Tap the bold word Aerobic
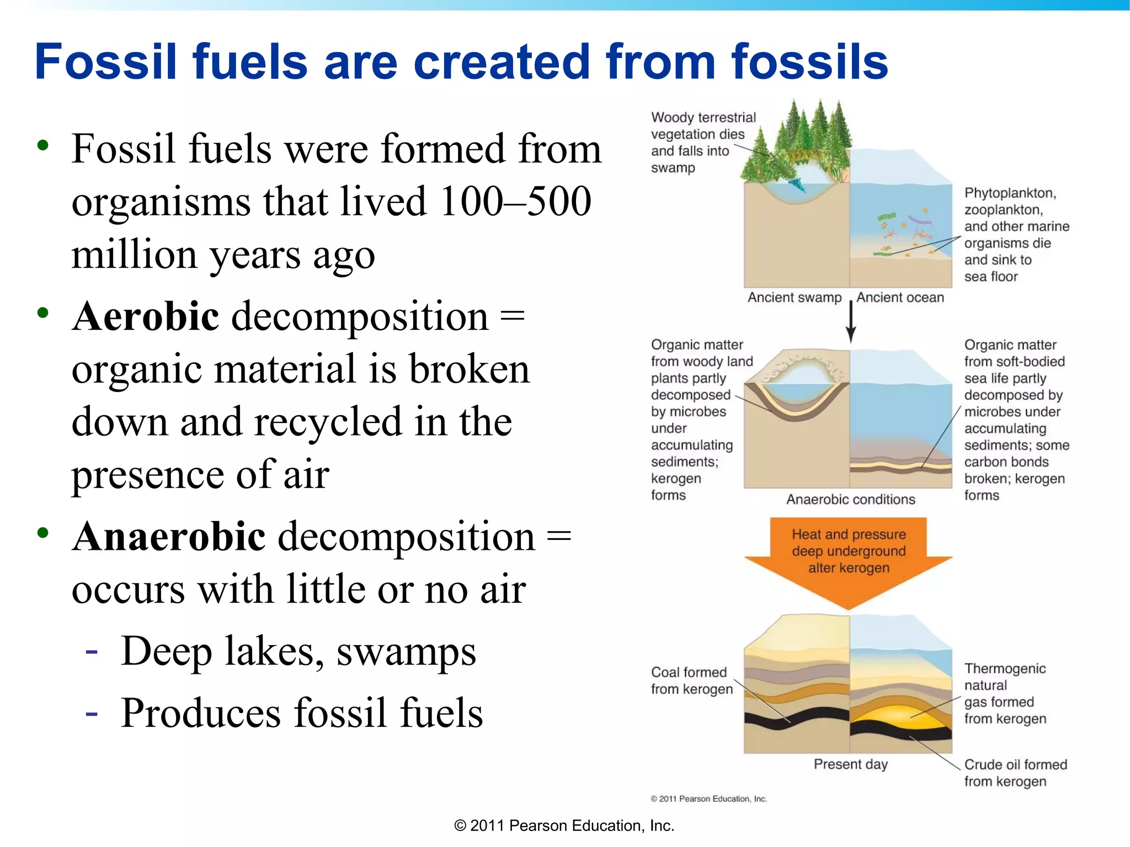click(x=146, y=317)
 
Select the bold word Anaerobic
click(x=169, y=537)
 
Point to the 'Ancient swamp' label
click(x=794, y=298)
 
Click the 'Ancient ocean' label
click(x=900, y=298)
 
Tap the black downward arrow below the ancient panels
click(x=851, y=323)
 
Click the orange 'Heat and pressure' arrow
click(x=849, y=557)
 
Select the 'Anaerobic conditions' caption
click(x=850, y=500)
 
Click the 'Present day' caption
click(x=850, y=764)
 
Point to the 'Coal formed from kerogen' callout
click(x=691, y=680)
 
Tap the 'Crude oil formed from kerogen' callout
click(x=1015, y=773)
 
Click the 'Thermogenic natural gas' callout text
click(x=1005, y=694)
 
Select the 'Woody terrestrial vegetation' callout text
click(x=703, y=142)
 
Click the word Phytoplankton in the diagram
click(x=1010, y=193)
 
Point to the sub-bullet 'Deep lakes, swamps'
click(x=298, y=652)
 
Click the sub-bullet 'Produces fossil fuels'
click(x=302, y=713)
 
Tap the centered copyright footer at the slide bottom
click(x=564, y=825)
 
